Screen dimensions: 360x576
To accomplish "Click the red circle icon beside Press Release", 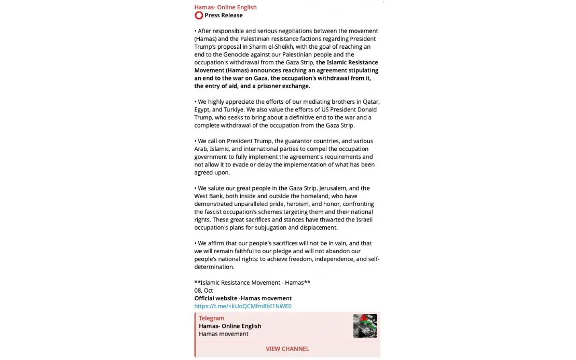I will pyautogui.click(x=199, y=16).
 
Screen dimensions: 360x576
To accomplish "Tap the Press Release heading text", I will pyautogui.click(x=224, y=16).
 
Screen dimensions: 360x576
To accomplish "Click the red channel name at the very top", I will pyautogui.click(x=225, y=7).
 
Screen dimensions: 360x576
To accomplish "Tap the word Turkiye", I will pyautogui.click(x=233, y=109).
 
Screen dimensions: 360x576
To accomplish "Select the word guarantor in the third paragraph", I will pyautogui.click(x=303, y=141).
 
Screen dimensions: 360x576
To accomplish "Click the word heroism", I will pyautogui.click(x=298, y=204).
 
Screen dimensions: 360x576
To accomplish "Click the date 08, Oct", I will pyautogui.click(x=204, y=290).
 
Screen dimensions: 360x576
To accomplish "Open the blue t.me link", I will pyautogui.click(x=243, y=306).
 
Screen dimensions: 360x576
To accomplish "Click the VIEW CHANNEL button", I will pyautogui.click(x=287, y=349).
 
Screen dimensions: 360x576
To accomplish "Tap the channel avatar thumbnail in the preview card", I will pyautogui.click(x=365, y=326).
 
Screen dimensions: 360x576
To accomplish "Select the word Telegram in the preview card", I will pyautogui.click(x=212, y=318).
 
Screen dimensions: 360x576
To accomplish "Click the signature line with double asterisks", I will pyautogui.click(x=252, y=283).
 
